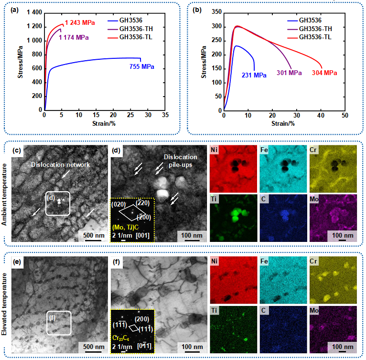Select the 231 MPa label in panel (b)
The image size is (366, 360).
[x=253, y=75]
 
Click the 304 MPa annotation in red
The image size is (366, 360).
[x=324, y=73]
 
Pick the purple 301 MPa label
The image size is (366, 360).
[x=289, y=73]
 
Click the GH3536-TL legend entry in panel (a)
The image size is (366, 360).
[x=139, y=37]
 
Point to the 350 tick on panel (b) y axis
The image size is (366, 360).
[x=216, y=12]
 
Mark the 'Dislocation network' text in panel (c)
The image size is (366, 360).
[x=61, y=164]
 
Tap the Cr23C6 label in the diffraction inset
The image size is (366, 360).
[x=122, y=337]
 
